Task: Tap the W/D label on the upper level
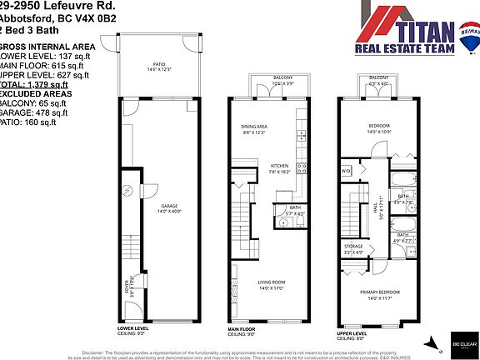tap(347, 172)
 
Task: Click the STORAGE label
tap(353, 247)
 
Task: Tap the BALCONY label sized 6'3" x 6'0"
tap(378, 80)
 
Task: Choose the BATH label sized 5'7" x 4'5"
tap(295, 208)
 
